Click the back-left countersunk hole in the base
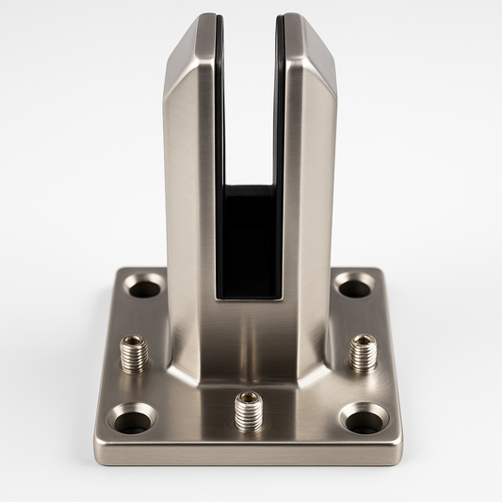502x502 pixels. tap(144, 285)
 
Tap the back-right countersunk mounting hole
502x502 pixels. tap(353, 284)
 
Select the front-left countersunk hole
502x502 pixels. tap(132, 417)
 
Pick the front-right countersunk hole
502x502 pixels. tap(364, 417)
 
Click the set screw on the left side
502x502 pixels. tap(135, 352)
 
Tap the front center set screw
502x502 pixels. tap(249, 411)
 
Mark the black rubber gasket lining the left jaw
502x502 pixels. tap(219, 113)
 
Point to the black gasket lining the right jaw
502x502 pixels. tap(280, 113)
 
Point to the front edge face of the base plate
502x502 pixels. tap(249, 454)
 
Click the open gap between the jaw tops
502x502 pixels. tap(250, 57)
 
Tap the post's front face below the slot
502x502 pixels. tap(249, 339)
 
